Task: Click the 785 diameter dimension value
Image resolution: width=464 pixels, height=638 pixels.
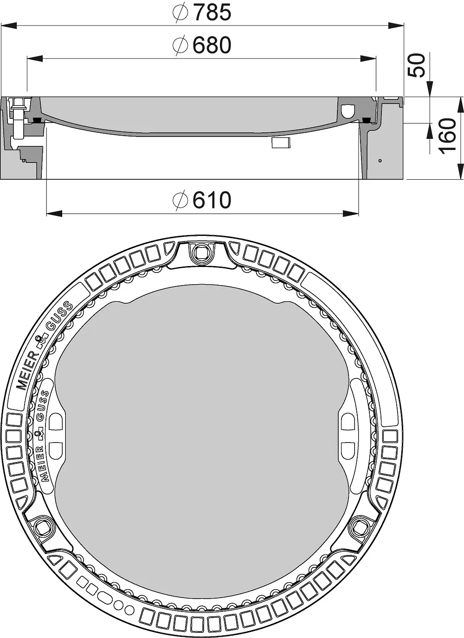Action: tap(213, 12)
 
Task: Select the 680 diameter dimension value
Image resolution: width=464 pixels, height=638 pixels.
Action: tap(212, 45)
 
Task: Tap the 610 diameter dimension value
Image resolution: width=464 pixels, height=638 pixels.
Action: tap(212, 200)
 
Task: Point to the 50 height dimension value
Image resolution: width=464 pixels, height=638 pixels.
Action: tap(417, 65)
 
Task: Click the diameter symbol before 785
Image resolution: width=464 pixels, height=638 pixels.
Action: tap(180, 12)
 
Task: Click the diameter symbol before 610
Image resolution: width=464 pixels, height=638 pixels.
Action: tap(180, 200)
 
